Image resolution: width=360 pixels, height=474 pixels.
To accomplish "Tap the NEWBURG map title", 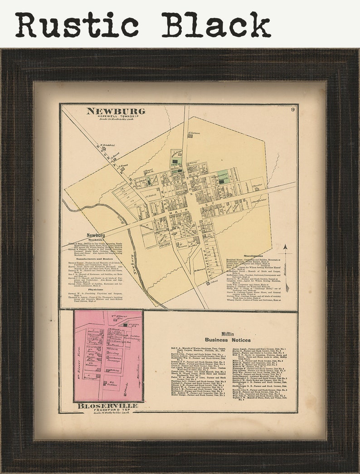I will (x=116, y=111).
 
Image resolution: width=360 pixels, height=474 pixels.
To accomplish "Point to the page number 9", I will (x=293, y=109).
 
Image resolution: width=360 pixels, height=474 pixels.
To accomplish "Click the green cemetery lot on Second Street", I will (x=223, y=176).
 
